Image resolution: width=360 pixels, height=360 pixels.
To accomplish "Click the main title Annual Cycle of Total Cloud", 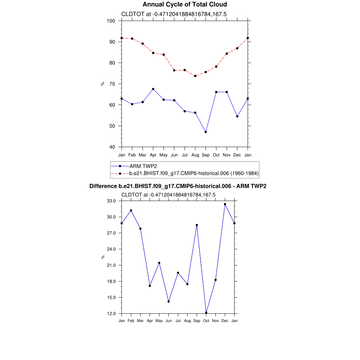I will click(185, 5).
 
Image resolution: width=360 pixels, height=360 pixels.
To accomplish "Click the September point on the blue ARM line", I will click(206, 132).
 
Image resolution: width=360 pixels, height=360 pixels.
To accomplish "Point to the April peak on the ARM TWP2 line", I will click(153, 89).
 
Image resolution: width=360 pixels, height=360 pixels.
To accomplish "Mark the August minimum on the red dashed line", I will click(195, 76).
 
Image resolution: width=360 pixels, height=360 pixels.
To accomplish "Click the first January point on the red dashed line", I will click(122, 38).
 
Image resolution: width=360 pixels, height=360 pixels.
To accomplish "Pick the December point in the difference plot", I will click(225, 204).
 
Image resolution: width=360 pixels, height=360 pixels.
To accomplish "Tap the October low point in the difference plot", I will click(206, 313).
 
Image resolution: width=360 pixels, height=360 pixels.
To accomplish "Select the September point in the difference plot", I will click(197, 225).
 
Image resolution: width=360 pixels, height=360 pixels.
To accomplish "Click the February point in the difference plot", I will click(131, 210).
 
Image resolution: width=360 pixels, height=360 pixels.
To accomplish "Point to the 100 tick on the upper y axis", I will click(111, 21).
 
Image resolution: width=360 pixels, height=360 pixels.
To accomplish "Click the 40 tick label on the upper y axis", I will click(112, 147).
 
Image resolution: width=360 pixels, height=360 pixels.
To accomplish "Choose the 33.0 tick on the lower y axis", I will click(111, 201).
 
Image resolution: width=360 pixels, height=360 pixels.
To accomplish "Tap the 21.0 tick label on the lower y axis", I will click(111, 265).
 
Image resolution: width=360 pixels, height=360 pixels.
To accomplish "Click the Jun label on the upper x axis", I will click(174, 155).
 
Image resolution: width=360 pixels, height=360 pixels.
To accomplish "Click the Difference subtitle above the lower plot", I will click(178, 186).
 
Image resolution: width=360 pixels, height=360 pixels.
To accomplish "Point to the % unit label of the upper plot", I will click(103, 84).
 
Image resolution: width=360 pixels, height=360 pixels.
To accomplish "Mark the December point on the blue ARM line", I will click(237, 116).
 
